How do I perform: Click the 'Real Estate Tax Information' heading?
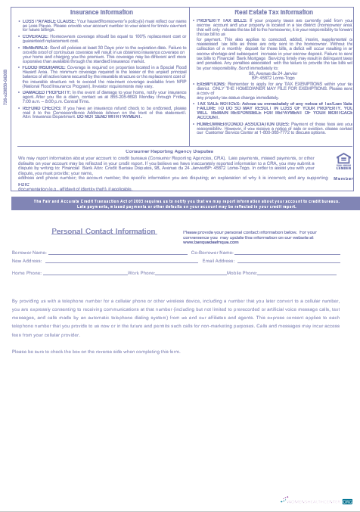point(274,12)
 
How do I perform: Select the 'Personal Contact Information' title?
point(104,230)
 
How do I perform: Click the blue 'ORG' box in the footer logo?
point(347,501)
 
